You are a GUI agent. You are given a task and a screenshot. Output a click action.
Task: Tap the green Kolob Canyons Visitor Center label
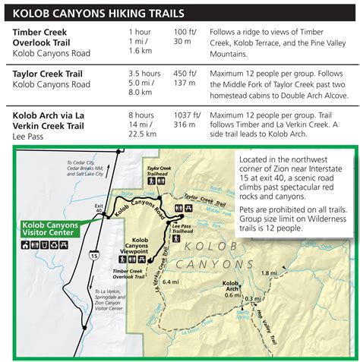[47, 228]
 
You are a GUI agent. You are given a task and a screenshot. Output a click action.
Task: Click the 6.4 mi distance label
[170, 282]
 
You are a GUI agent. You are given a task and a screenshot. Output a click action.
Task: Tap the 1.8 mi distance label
[269, 272]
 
